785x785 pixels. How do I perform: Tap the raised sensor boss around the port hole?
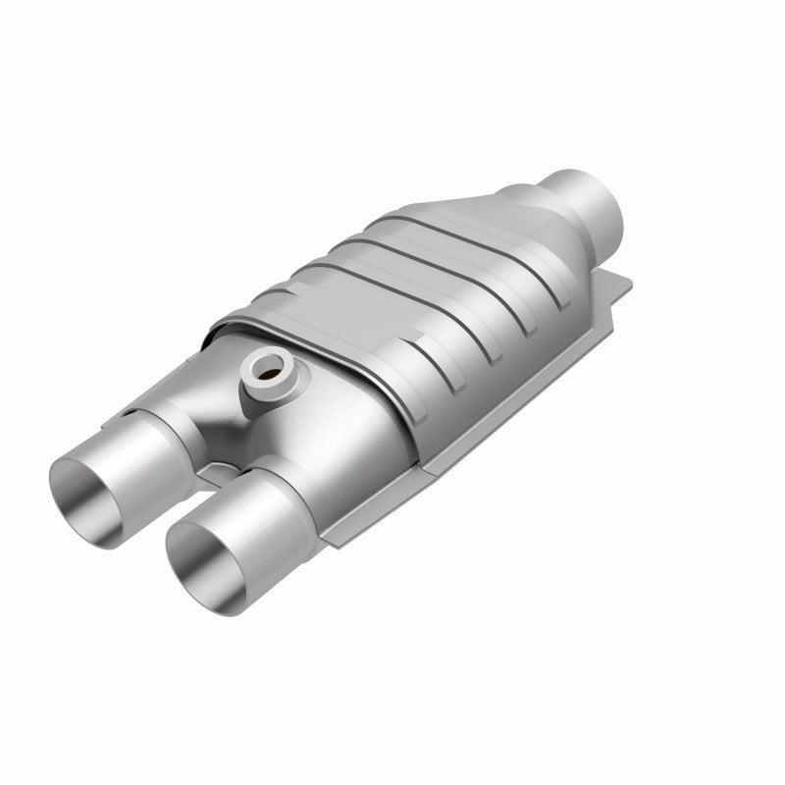pyautogui.click(x=280, y=385)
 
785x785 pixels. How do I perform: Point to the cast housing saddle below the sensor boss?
pyautogui.click(x=294, y=432)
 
